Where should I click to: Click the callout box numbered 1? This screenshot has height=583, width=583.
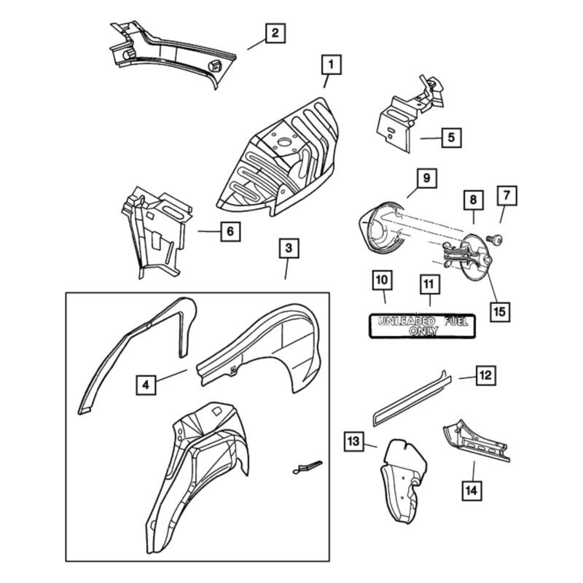pyautogui.click(x=331, y=65)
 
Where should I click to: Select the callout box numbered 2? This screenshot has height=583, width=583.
pyautogui.click(x=275, y=33)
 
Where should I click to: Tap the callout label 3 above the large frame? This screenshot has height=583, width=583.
pyautogui.click(x=289, y=248)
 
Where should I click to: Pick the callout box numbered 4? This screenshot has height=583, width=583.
pyautogui.click(x=146, y=385)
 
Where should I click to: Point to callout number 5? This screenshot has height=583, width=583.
pyautogui.click(x=451, y=138)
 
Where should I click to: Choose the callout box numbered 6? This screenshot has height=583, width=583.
pyautogui.click(x=230, y=231)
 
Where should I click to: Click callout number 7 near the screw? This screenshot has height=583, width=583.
pyautogui.click(x=507, y=195)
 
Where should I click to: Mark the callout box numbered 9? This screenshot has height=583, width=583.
pyautogui.click(x=427, y=178)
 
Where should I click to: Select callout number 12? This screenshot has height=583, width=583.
pyautogui.click(x=485, y=375)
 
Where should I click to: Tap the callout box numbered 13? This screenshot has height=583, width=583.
pyautogui.click(x=353, y=442)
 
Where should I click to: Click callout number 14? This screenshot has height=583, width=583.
pyautogui.click(x=472, y=490)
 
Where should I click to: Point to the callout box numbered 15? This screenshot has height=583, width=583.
pyautogui.click(x=500, y=312)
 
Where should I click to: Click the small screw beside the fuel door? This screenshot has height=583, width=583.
pyautogui.click(x=495, y=239)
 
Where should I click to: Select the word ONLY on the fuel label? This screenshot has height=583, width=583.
pyautogui.click(x=423, y=331)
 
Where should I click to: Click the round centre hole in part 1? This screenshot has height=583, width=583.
pyautogui.click(x=284, y=142)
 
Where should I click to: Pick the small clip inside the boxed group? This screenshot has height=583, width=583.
pyautogui.click(x=307, y=467)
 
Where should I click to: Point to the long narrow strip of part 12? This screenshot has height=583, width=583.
pyautogui.click(x=412, y=399)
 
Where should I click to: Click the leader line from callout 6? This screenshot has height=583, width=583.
pyautogui.click(x=209, y=231)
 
